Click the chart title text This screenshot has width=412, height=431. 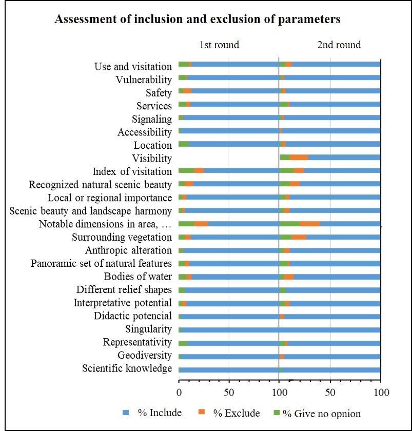198,20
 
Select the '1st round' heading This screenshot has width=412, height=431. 219,45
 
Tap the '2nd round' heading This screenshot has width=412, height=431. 339,45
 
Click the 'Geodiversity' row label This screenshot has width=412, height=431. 145,356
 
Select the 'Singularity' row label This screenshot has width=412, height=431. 148,329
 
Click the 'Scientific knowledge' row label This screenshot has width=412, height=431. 127,369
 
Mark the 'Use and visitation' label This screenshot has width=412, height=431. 133,67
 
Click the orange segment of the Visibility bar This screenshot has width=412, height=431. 299,159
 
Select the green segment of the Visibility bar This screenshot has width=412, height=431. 284,159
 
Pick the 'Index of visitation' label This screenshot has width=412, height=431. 132,171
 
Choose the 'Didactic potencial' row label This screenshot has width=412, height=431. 132,316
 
